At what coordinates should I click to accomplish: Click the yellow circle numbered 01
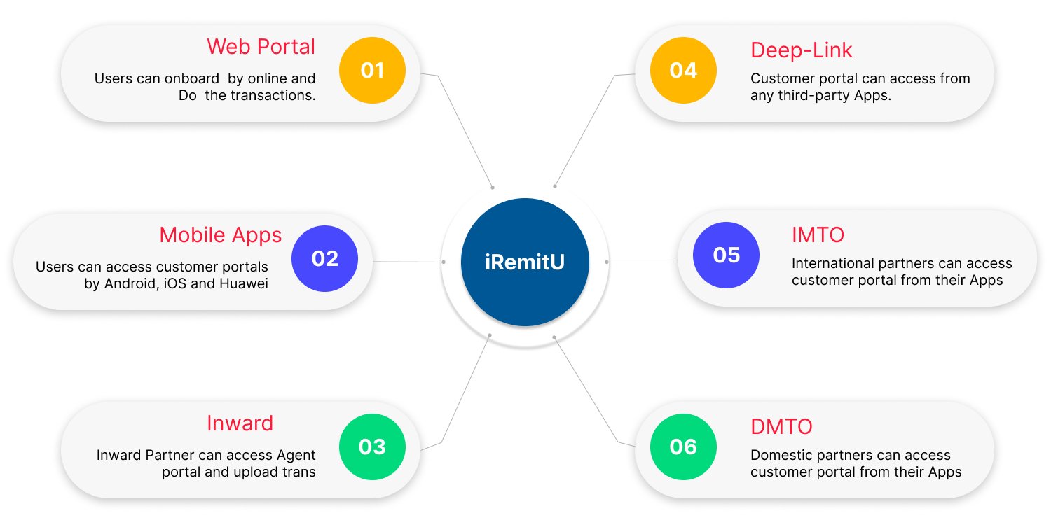(x=372, y=70)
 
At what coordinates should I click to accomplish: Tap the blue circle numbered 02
(x=324, y=258)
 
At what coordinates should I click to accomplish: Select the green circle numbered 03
(x=372, y=447)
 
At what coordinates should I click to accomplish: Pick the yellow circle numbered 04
(x=683, y=70)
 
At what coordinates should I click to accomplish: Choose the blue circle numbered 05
(x=726, y=255)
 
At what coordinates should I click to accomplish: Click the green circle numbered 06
(x=683, y=447)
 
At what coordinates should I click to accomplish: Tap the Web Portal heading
(x=261, y=47)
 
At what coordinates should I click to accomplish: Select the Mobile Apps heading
(x=220, y=234)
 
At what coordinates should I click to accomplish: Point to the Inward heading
(x=240, y=423)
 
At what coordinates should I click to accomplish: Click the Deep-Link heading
(x=802, y=50)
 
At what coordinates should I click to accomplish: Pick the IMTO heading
(x=818, y=234)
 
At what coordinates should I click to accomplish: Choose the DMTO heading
(x=781, y=426)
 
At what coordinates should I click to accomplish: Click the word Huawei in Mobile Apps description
(x=244, y=284)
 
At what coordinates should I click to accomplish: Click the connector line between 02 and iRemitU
(x=406, y=262)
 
